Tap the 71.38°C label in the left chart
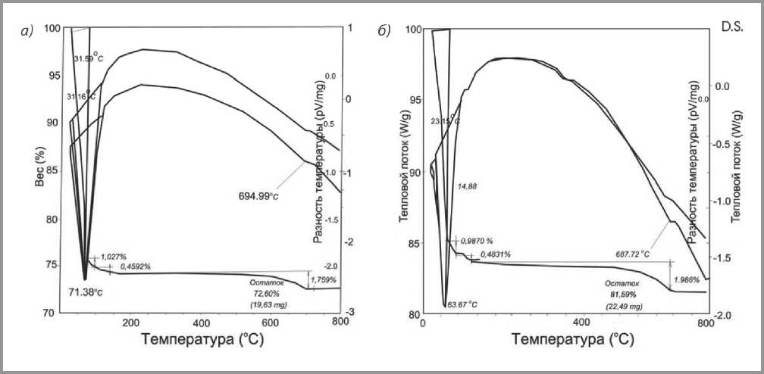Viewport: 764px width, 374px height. (x=75, y=291)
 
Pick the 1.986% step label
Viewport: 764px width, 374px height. (x=688, y=279)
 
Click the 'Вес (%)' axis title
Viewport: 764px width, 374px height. (x=39, y=164)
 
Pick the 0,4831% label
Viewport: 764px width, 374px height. (x=493, y=255)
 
